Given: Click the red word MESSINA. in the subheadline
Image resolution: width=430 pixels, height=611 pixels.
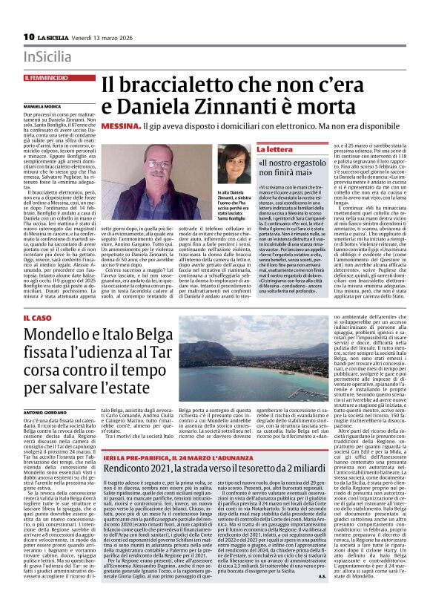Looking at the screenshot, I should pyautogui.click(x=121, y=128).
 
